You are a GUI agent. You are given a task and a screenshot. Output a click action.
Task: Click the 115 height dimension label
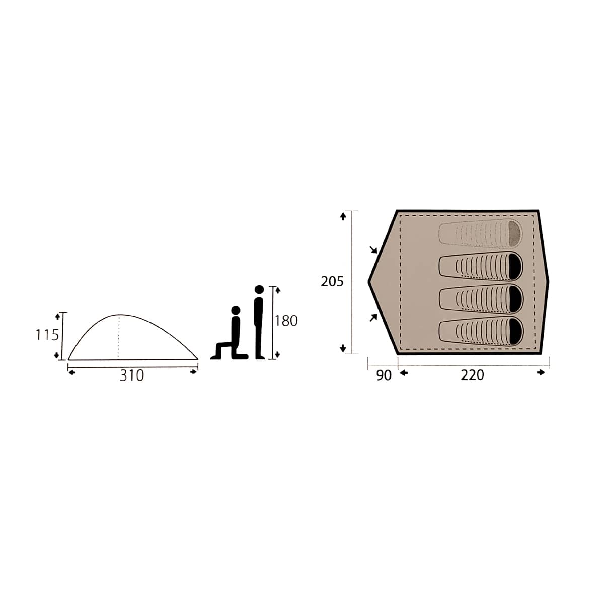pos(47,335)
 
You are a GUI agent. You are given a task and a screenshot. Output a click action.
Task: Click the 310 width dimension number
pos(132,375)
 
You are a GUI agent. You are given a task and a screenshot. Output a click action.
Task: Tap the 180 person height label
pos(286,321)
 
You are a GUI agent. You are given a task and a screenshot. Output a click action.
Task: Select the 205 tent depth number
pos(332,282)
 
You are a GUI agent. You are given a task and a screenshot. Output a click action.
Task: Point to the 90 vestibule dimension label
pos(384,375)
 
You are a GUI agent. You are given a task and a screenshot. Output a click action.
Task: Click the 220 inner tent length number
pos(472,375)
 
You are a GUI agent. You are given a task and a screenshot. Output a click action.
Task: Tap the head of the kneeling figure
pos(236,310)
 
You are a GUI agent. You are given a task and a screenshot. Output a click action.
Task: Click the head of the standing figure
pos(259,289)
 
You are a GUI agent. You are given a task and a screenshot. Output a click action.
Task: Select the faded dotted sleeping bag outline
pos(480,234)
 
